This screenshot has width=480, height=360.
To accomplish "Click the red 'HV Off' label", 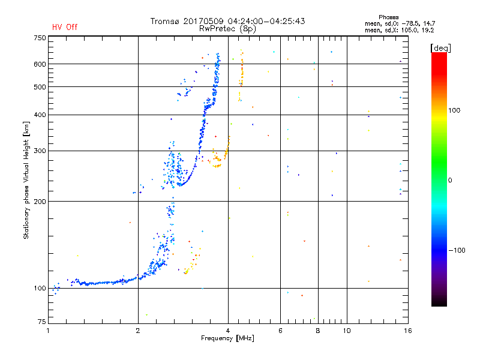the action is tap(65, 27).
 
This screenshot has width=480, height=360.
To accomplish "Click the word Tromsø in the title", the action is tap(164, 21).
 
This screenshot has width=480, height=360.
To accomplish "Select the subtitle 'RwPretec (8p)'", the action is tap(227, 29).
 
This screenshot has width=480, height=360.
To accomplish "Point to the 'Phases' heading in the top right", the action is tap(388, 17).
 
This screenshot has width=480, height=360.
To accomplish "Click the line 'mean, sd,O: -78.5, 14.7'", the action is tap(400, 23).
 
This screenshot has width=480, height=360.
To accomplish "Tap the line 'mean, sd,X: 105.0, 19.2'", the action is tap(399, 30).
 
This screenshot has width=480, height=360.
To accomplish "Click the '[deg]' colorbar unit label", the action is tap(440, 49).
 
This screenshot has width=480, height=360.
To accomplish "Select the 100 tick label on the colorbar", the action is tap(454, 110).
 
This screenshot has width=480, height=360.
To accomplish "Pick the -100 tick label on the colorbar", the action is tap(457, 250).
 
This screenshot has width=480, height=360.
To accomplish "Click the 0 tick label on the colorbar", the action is tap(450, 180).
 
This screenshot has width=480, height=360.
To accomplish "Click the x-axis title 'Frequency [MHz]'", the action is tap(227, 338).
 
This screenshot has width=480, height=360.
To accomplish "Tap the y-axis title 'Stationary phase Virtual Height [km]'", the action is tap(26, 180).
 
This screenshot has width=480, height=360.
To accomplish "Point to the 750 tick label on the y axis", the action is tap(40, 38).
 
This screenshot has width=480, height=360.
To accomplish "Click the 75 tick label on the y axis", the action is tap(42, 322).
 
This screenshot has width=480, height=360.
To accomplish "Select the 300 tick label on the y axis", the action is tap(40, 151).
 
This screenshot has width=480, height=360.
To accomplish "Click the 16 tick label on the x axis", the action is tap(408, 331).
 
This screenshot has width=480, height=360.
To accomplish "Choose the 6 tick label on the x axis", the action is tap(280, 331).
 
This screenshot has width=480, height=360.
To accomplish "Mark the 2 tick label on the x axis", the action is tap(138, 331).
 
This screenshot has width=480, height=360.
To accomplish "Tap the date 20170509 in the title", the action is tap(203, 21).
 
